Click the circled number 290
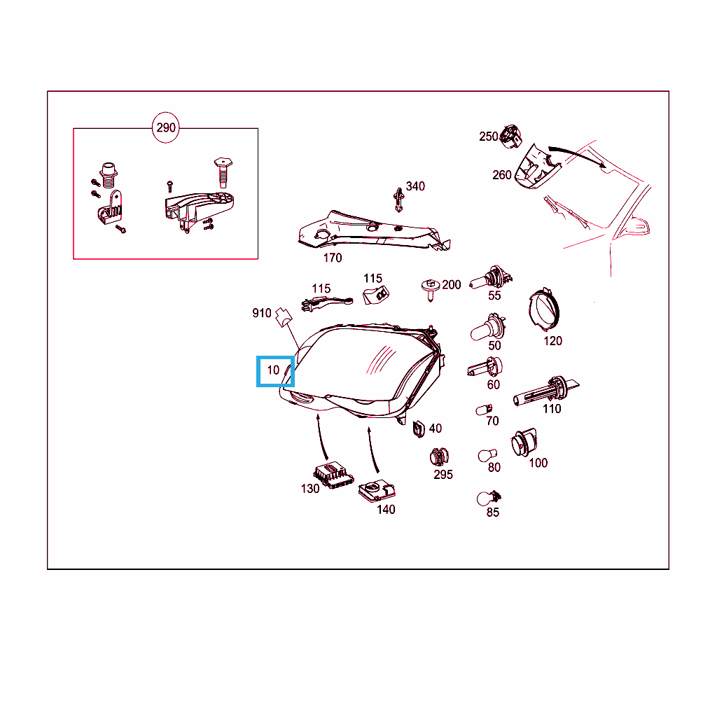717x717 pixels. (x=165, y=127)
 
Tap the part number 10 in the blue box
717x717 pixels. (x=273, y=370)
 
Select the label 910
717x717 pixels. (x=262, y=313)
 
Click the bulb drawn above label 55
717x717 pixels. (x=491, y=277)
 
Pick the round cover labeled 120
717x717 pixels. (x=543, y=309)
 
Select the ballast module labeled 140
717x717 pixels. (x=377, y=491)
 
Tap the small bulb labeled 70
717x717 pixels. (x=485, y=409)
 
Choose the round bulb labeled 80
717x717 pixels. (x=487, y=455)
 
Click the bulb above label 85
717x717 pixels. (x=488, y=498)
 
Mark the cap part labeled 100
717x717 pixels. (x=524, y=443)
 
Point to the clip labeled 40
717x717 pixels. (x=419, y=429)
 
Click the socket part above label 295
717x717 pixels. (x=440, y=457)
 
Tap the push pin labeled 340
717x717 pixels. (x=398, y=200)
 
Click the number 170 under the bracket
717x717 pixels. (x=333, y=258)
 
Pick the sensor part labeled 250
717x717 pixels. (x=510, y=136)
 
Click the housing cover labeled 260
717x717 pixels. (x=537, y=167)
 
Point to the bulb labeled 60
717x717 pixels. (x=485, y=367)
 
